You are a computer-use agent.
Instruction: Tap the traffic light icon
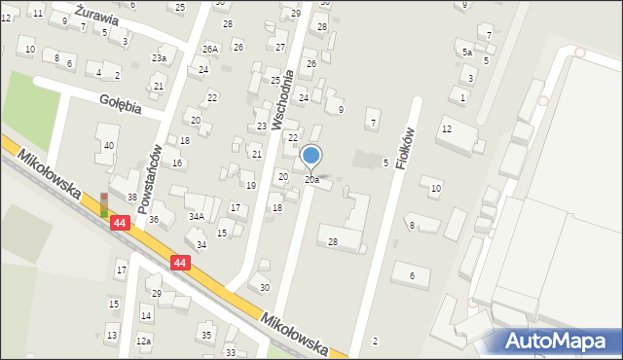[104, 204]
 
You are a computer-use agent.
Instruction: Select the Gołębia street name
[119, 104]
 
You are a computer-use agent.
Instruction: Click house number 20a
[311, 180]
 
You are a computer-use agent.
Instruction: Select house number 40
[109, 146]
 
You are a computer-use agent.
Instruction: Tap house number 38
[131, 198]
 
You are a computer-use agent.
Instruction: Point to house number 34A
[196, 216]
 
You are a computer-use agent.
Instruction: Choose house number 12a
[144, 342]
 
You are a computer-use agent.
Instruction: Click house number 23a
[159, 58]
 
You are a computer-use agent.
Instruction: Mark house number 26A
[209, 49]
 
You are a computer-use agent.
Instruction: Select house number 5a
[467, 53]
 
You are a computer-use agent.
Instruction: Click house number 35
[205, 335]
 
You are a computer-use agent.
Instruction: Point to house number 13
[112, 336]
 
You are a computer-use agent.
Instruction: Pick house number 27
[280, 47]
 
